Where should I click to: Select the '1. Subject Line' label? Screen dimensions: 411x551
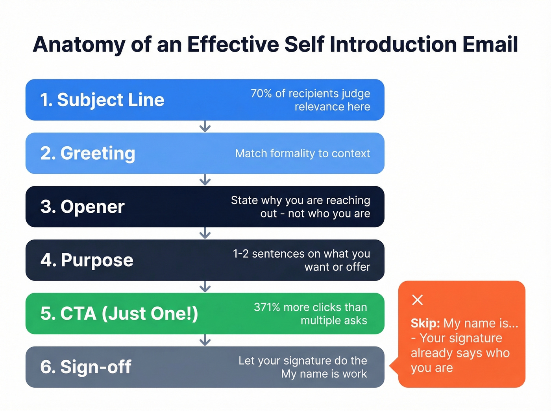point(102,100)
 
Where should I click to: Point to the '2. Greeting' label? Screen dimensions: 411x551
point(88,153)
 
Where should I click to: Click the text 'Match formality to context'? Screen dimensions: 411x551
point(302,153)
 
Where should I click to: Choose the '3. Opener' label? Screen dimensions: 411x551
point(82,207)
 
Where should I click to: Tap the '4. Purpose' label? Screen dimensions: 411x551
point(87,260)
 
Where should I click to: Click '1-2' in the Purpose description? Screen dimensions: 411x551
point(240,254)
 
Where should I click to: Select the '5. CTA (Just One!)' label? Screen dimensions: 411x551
point(119,314)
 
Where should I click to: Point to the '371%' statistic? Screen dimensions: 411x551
point(267,307)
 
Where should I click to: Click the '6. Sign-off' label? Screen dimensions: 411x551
point(85,367)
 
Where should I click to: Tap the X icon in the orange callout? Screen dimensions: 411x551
point(417,300)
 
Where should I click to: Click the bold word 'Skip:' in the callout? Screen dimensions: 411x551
point(425,323)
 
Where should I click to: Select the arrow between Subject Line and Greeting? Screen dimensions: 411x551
point(205,127)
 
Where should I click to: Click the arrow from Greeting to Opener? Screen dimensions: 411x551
point(205,180)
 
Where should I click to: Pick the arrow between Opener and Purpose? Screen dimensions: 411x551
point(205,234)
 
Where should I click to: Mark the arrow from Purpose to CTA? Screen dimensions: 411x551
point(205,287)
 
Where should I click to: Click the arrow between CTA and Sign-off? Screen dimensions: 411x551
point(205,340)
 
